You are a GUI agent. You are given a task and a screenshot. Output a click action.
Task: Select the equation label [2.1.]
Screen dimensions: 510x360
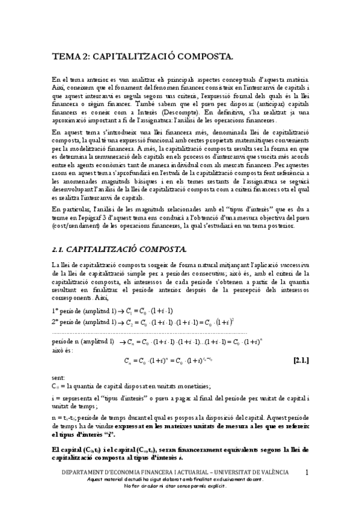tap(301, 361)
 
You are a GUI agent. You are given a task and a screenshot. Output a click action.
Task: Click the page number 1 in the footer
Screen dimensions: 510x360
tap(307, 473)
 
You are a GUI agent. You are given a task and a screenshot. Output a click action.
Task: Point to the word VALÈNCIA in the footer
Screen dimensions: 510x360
tap(270, 473)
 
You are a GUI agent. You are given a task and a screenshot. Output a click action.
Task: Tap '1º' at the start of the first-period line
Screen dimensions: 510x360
tap(55, 310)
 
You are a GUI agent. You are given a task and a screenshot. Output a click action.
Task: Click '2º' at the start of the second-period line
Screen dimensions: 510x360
tap(55, 321)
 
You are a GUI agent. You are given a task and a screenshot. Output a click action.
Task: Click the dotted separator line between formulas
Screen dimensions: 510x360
tap(150, 331)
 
